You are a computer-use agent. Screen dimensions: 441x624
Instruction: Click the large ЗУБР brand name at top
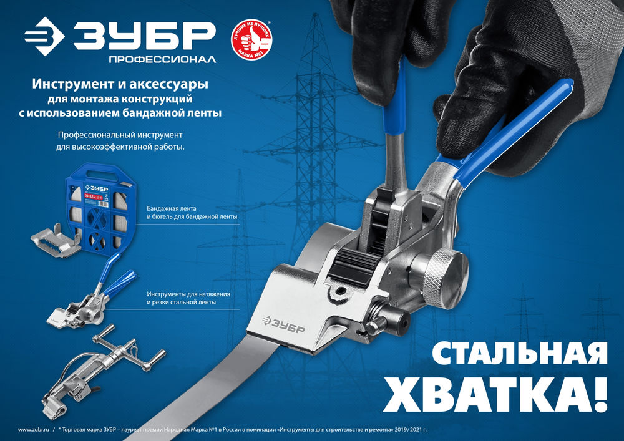point(144,37)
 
